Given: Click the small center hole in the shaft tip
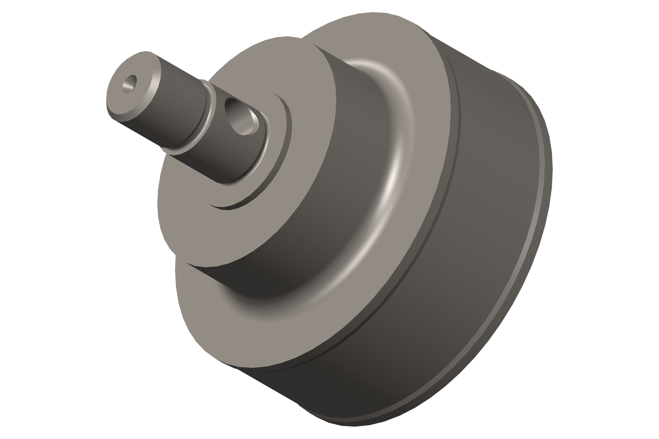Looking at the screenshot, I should pyautogui.click(x=129, y=83).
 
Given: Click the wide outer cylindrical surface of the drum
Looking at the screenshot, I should pyautogui.click(x=462, y=252).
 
